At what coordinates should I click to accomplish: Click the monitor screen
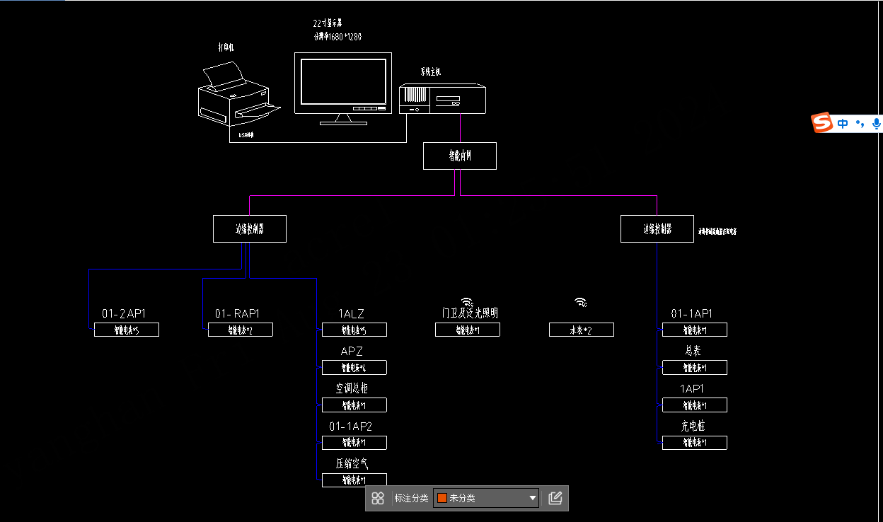click(x=344, y=82)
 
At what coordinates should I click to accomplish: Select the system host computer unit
click(x=443, y=99)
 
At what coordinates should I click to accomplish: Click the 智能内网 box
click(x=460, y=156)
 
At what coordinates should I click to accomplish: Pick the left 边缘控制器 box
click(x=250, y=229)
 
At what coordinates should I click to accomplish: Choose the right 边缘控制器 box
click(x=657, y=229)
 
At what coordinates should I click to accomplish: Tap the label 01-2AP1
click(x=124, y=313)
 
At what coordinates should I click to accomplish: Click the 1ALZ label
click(x=351, y=313)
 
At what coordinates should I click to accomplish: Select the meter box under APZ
click(x=354, y=367)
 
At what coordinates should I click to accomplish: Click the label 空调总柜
click(x=352, y=388)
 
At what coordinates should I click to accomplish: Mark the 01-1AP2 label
click(x=350, y=427)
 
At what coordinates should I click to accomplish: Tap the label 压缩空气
click(x=352, y=463)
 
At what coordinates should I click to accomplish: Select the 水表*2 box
click(x=582, y=330)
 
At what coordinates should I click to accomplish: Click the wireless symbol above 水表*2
click(x=581, y=303)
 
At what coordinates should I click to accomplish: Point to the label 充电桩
click(x=693, y=427)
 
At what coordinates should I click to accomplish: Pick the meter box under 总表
click(x=695, y=367)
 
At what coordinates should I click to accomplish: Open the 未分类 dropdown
click(x=487, y=498)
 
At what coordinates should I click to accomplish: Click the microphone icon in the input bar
click(x=877, y=124)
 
